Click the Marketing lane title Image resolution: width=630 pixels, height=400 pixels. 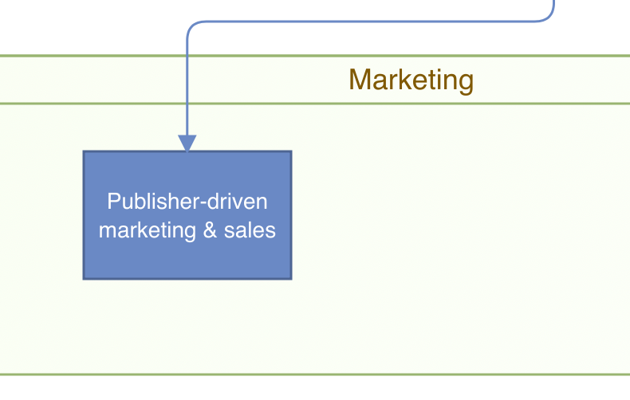pos(411,80)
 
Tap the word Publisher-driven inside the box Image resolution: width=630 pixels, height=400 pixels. pos(187,202)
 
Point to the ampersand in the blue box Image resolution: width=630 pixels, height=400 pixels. pos(211,230)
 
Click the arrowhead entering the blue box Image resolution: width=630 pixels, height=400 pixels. pos(187,143)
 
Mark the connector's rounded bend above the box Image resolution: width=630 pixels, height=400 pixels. pos(191,25)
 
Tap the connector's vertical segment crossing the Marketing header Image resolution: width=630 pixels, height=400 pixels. pos(187,80)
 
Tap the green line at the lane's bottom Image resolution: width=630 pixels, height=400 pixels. pos(319,374)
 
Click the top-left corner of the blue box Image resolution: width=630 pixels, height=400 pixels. pos(85,152)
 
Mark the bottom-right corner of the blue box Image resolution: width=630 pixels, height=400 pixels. pos(290,278)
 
